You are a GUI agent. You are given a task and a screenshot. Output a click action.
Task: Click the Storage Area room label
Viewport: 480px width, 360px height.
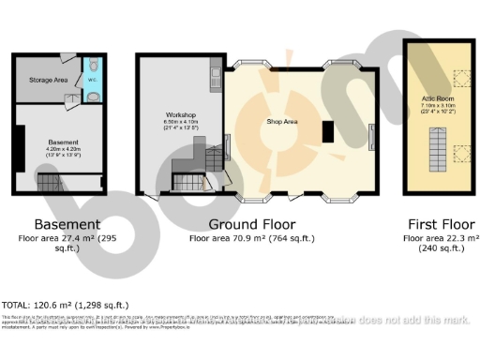(48, 81)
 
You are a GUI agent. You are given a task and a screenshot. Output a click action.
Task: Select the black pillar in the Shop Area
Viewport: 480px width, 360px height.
(328, 131)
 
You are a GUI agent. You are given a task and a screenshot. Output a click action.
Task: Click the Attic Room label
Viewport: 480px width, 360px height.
(437, 98)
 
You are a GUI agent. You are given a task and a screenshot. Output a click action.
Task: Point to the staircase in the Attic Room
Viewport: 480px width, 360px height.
(438, 150)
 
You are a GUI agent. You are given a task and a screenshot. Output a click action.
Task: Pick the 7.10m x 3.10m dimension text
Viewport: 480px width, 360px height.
(438, 105)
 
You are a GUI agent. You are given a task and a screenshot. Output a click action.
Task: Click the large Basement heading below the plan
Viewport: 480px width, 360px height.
(67, 224)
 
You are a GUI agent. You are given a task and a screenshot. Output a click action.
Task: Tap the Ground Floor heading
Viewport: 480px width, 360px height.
(251, 224)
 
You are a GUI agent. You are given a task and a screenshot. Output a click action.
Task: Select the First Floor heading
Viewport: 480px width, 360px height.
(439, 224)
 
